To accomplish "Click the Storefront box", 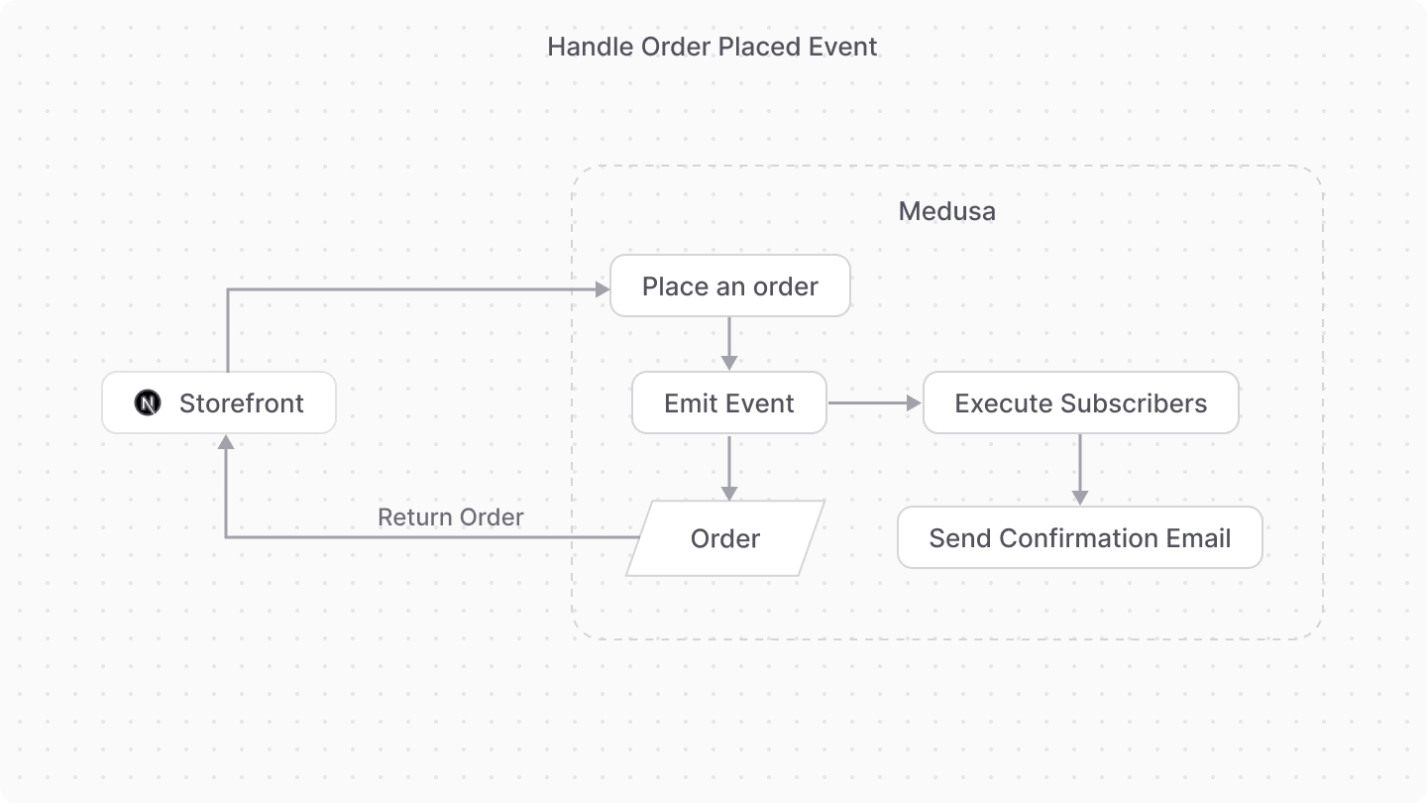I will [219, 402].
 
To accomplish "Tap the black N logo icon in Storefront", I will [148, 403].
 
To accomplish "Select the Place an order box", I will [729, 287].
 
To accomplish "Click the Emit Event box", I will [728, 403].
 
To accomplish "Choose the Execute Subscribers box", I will [1080, 403].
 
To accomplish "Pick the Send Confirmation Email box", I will [1079, 538].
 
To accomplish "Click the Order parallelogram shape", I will [725, 538].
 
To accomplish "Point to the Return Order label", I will [451, 517].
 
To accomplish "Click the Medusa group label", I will [946, 211].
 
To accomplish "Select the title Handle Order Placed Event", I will [712, 47].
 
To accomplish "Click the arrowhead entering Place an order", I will [601, 289].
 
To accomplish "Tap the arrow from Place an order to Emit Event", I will [729, 343].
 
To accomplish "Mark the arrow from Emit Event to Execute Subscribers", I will [874, 403].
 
